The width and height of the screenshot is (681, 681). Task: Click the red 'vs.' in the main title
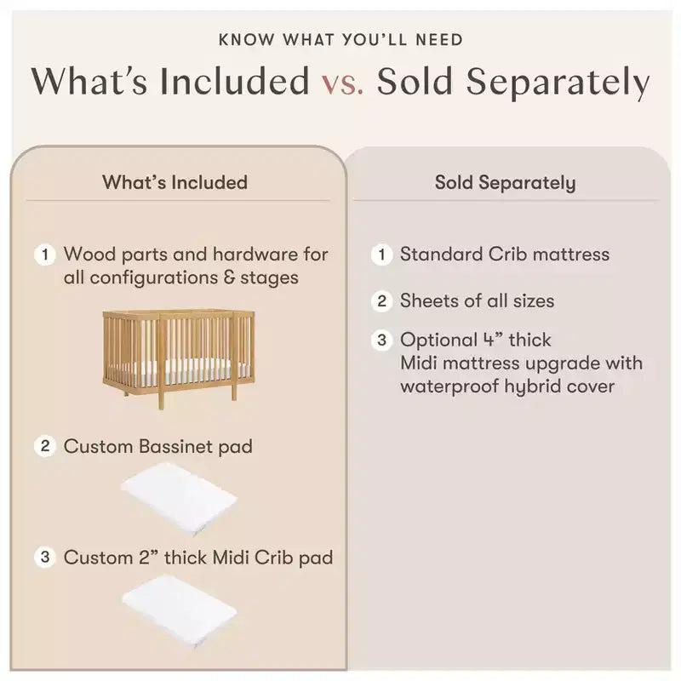pyautogui.click(x=343, y=83)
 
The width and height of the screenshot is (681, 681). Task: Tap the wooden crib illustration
pyautogui.click(x=179, y=357)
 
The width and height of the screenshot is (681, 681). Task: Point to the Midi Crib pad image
pyautogui.click(x=179, y=610)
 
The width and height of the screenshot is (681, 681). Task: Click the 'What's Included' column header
pyautogui.click(x=175, y=182)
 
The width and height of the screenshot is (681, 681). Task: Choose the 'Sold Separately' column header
pyautogui.click(x=505, y=183)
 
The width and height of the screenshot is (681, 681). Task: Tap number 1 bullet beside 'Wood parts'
pyautogui.click(x=45, y=255)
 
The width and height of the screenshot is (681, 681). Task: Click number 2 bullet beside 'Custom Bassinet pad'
pyautogui.click(x=45, y=446)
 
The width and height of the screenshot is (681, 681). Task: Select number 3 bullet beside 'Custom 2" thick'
pyautogui.click(x=45, y=558)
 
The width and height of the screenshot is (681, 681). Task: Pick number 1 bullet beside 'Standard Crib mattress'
pyautogui.click(x=381, y=255)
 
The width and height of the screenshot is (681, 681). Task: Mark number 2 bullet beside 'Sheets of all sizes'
pyautogui.click(x=381, y=301)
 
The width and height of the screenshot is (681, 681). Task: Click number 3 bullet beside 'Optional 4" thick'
pyautogui.click(x=381, y=340)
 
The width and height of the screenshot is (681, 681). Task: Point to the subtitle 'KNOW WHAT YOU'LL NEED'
pyautogui.click(x=340, y=40)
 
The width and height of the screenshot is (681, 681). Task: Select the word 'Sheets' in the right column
pyautogui.click(x=428, y=301)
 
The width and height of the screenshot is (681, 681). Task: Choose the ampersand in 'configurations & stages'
pyautogui.click(x=229, y=278)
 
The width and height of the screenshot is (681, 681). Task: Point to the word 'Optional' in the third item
pyautogui.click(x=438, y=340)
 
